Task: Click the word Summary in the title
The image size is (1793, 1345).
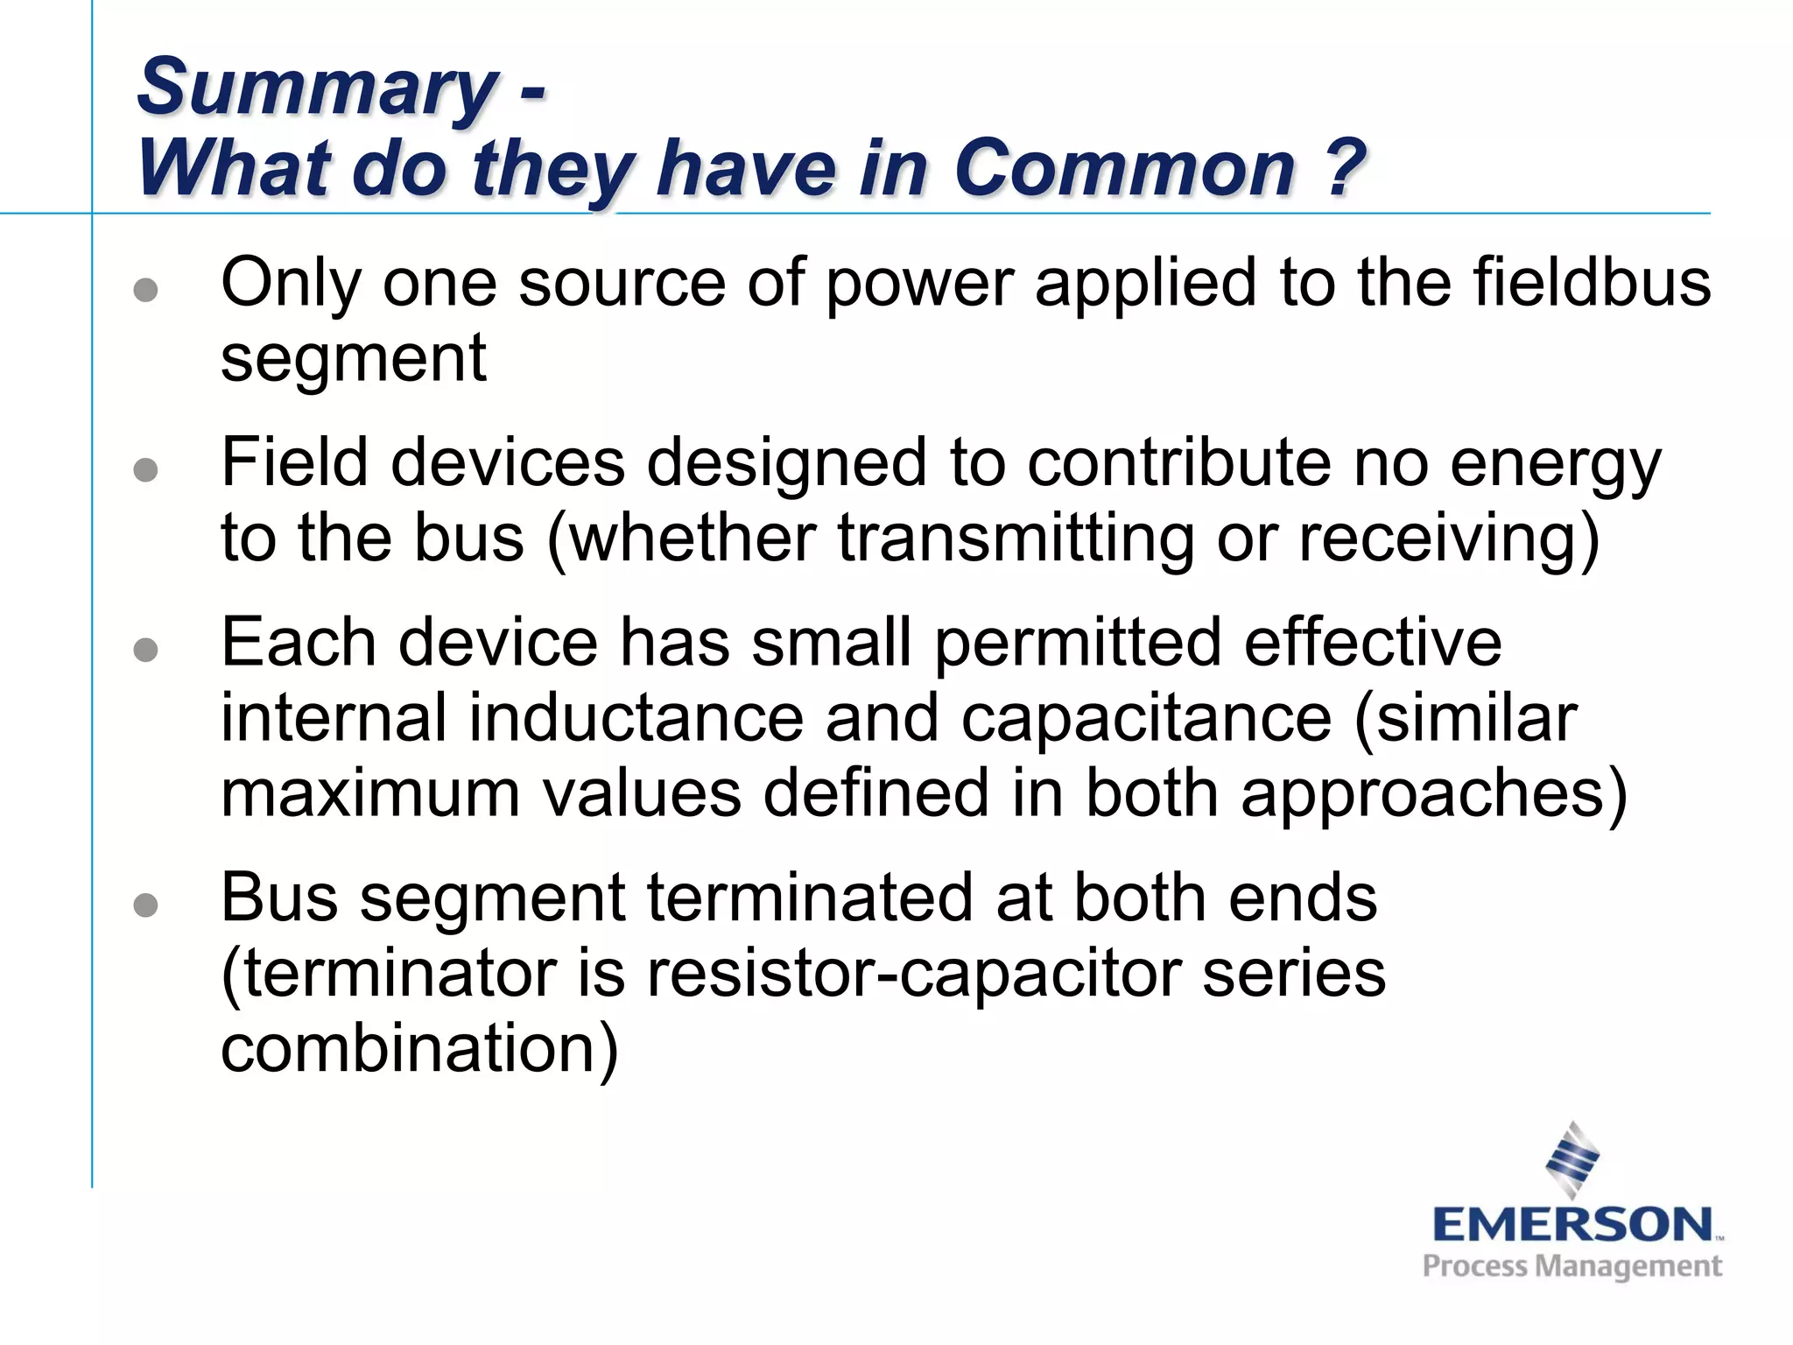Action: point(317,88)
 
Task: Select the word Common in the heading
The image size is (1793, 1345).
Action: point(1124,168)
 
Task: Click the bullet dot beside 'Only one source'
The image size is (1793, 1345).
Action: point(146,290)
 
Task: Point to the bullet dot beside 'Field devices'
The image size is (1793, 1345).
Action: point(146,470)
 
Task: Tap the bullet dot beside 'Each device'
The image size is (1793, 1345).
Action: point(146,650)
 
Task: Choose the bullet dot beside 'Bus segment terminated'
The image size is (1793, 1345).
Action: point(146,905)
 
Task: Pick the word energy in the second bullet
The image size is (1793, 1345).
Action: point(1555,464)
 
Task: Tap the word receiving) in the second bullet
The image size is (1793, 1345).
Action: point(1449,539)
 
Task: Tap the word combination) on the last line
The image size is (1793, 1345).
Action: point(419,1048)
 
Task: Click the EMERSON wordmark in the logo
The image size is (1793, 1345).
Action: point(1572,1224)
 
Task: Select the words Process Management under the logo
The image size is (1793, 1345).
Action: point(1572,1266)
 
